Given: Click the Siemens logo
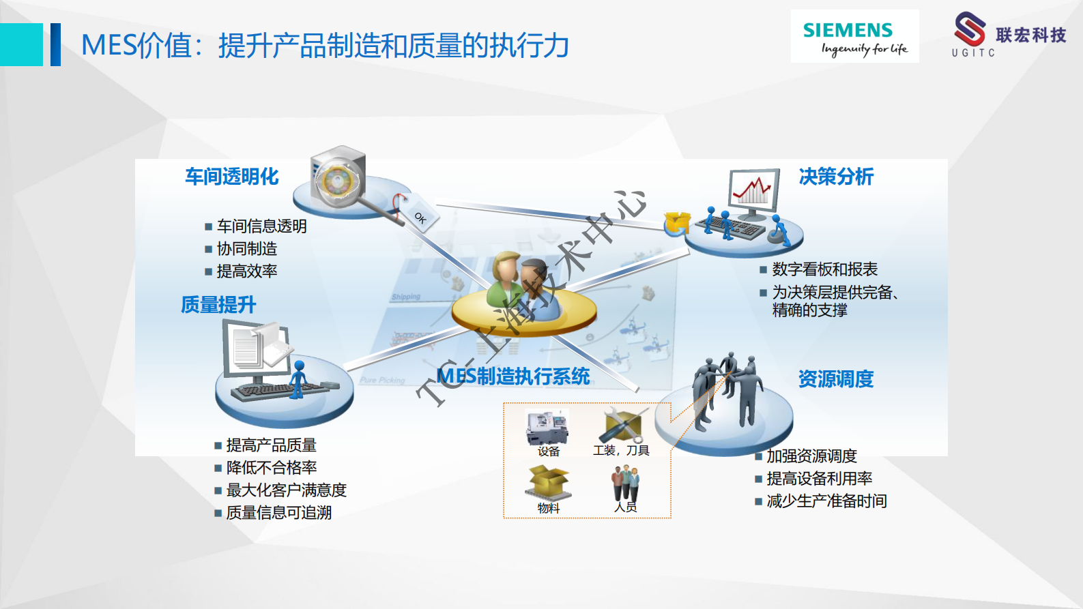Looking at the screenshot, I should pos(854,37).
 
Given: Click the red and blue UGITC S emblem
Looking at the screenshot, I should pos(969,29).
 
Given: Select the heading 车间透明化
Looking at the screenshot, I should pos(232,177).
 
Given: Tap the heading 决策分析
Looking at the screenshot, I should pos(836,177).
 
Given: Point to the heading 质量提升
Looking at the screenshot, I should pos(218,305).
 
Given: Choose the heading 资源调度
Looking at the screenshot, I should pos(836,379).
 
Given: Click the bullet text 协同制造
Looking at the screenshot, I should pos(247,249).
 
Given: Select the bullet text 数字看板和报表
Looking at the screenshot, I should pos(824,269).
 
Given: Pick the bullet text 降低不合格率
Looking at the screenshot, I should pos(272,468).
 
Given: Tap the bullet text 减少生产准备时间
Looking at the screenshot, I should pos(826,501).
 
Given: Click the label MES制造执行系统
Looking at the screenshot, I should pos(513,376).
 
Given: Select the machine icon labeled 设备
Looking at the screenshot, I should pos(547,427).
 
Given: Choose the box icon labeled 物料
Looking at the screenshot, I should pos(548,483).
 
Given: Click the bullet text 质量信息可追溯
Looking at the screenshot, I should pos(279,513).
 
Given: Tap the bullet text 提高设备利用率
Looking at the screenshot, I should pos(819,479).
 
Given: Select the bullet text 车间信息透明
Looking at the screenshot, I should pos(262,226).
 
